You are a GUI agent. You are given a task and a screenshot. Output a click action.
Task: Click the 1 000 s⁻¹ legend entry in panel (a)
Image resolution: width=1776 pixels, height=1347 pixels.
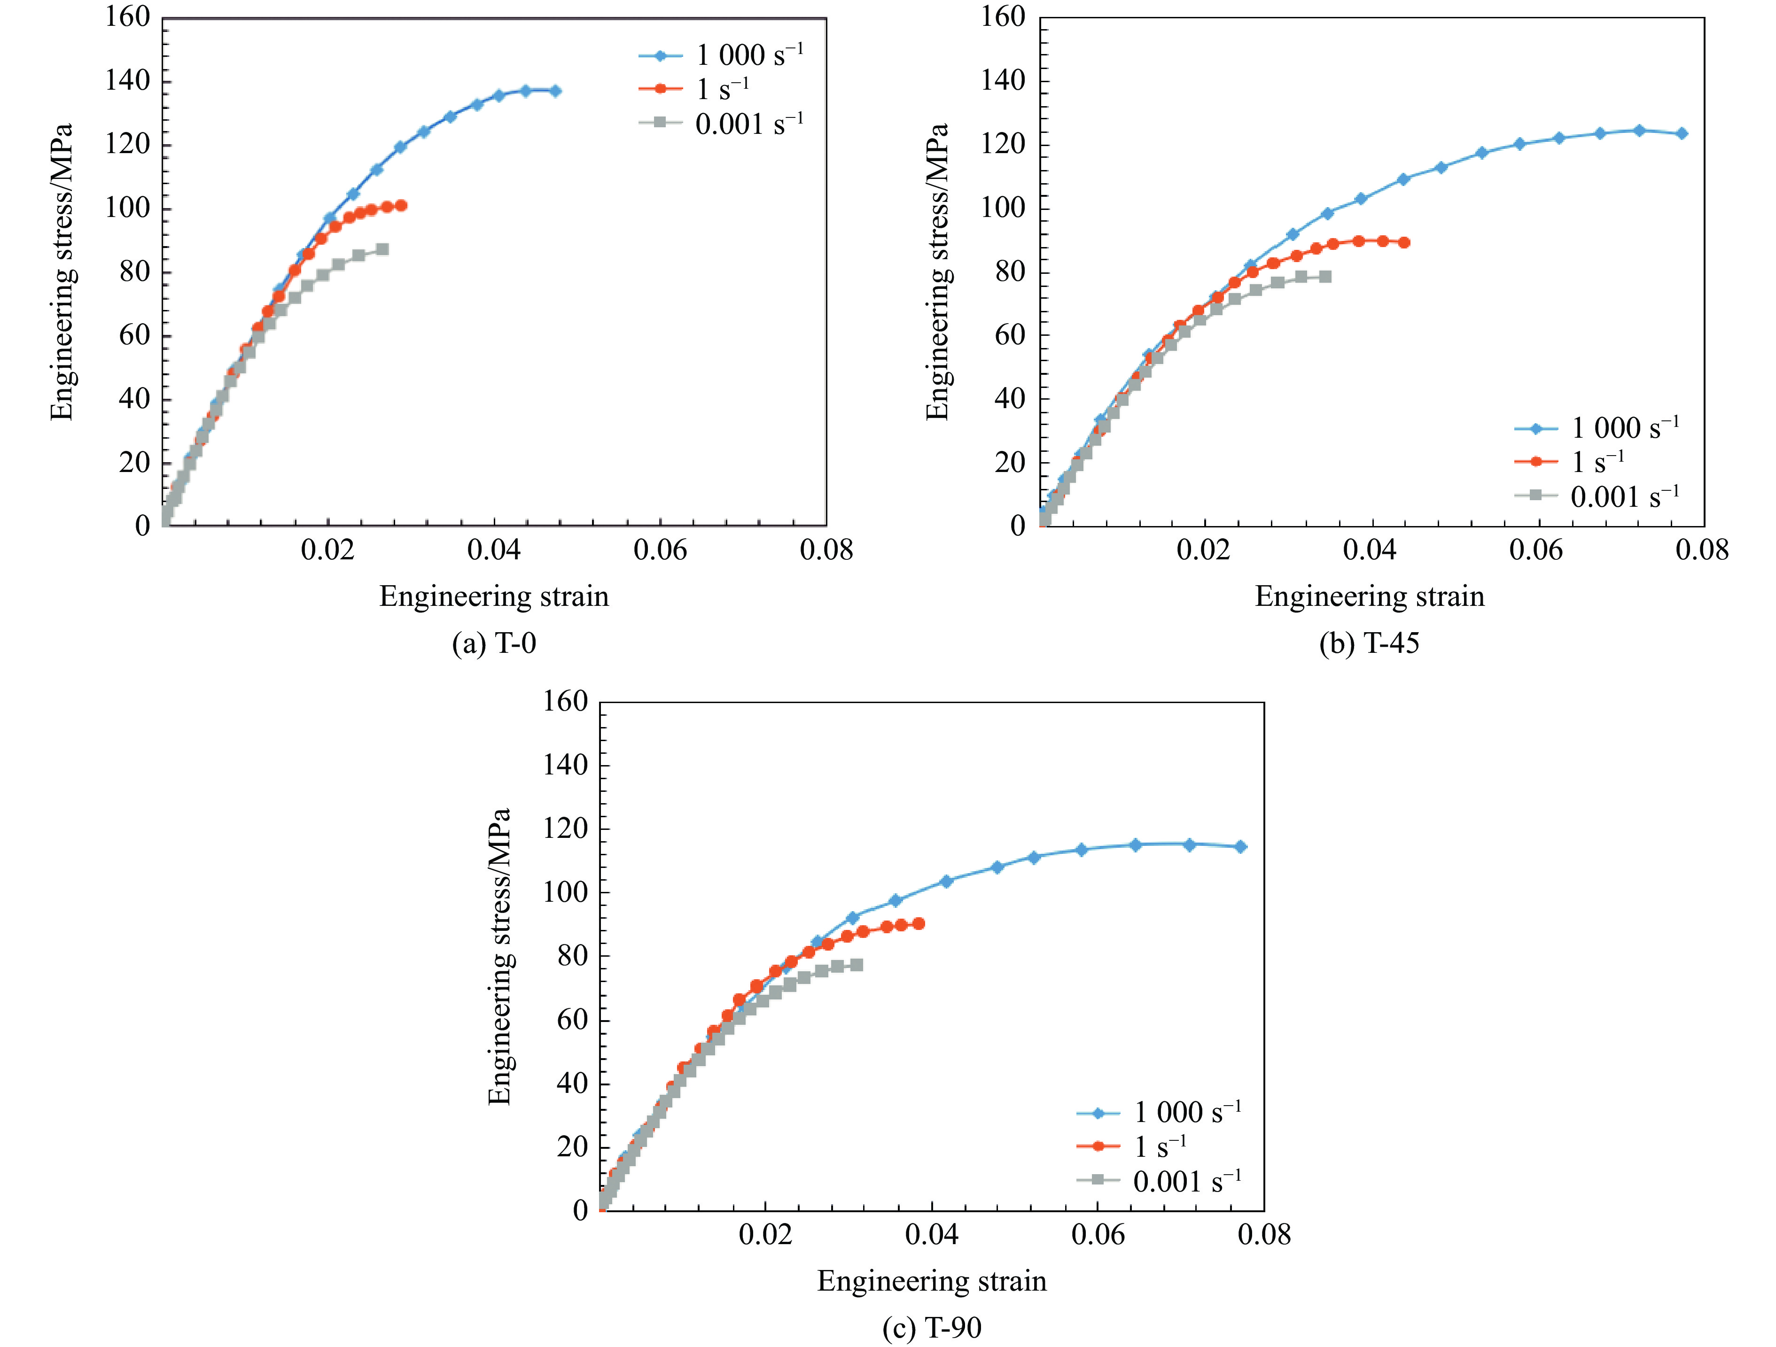point(721,55)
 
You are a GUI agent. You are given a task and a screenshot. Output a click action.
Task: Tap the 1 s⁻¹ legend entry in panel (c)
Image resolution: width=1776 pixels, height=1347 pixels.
point(1131,1146)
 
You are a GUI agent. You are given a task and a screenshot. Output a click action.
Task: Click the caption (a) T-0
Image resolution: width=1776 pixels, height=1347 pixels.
point(494,643)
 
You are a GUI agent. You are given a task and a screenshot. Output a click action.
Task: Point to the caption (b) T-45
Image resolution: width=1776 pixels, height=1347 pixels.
point(1369,643)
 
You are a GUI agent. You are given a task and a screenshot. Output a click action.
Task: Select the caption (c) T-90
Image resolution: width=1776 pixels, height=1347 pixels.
point(931,1328)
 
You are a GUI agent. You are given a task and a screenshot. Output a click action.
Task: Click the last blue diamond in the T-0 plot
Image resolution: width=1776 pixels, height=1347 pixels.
point(555,91)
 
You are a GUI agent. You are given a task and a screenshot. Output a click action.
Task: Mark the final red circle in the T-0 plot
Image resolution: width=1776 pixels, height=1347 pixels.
point(401,206)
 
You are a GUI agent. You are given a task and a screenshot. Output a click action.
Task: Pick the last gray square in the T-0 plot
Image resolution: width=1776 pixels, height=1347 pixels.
point(382,250)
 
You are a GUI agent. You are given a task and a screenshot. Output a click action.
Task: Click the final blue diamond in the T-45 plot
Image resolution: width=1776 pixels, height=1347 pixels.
point(1682,133)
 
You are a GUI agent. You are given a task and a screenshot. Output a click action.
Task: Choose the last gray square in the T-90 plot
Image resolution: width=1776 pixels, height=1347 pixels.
point(857,965)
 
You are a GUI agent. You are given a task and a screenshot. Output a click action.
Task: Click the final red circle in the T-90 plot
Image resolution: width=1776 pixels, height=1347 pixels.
point(919,924)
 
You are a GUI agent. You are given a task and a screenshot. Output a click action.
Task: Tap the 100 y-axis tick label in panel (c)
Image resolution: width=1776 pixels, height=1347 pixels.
point(565,892)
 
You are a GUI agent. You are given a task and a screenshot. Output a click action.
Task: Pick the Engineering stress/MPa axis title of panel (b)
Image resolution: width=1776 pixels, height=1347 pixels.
point(937,271)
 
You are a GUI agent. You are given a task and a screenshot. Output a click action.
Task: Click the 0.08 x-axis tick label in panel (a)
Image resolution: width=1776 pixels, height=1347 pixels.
point(826,550)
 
